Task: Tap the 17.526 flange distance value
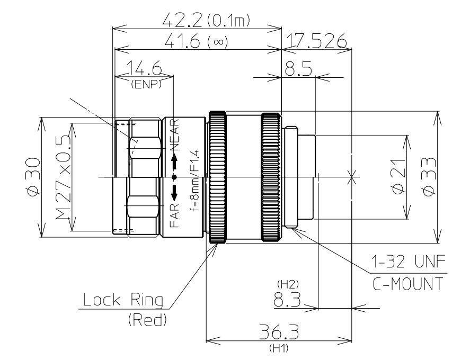(x=316, y=41)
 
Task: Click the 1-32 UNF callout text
(x=410, y=262)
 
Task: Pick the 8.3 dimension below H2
(x=287, y=300)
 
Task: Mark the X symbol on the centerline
(x=350, y=177)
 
